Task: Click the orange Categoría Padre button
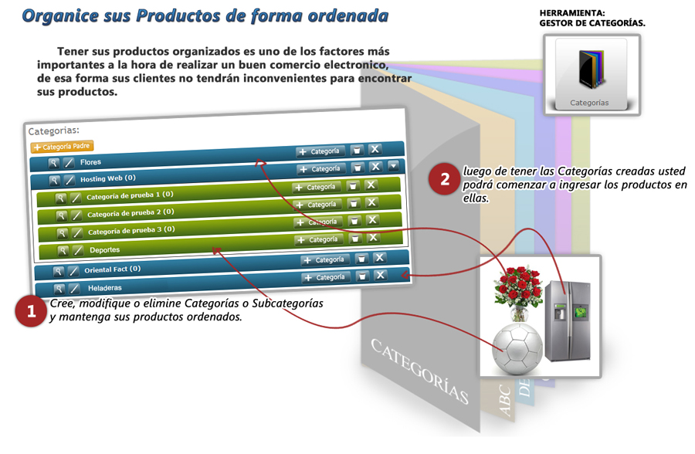point(62,146)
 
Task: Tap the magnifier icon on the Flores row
point(53,163)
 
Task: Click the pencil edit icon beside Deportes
point(78,250)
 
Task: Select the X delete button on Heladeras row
point(380,276)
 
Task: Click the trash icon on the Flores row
point(357,151)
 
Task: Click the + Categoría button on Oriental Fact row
point(325,259)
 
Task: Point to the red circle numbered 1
point(31,311)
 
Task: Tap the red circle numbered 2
point(445,178)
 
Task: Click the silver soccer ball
point(517,349)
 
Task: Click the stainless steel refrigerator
point(568,320)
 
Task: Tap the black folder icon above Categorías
point(592,69)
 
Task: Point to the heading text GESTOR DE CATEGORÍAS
point(592,23)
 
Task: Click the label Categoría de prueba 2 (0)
point(131,213)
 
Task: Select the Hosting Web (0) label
point(107,178)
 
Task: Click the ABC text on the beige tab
point(505,401)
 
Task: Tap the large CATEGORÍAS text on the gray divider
point(419,371)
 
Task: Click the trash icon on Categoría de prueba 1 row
point(353,186)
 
